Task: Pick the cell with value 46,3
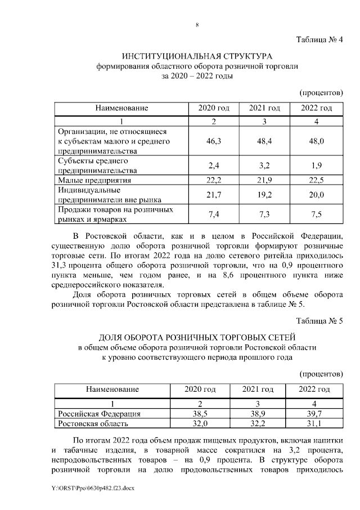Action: [214, 141]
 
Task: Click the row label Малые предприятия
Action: [95, 180]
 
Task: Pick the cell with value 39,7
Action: [314, 414]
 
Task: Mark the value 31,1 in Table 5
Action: [314, 423]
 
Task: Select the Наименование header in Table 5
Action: [112, 390]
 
